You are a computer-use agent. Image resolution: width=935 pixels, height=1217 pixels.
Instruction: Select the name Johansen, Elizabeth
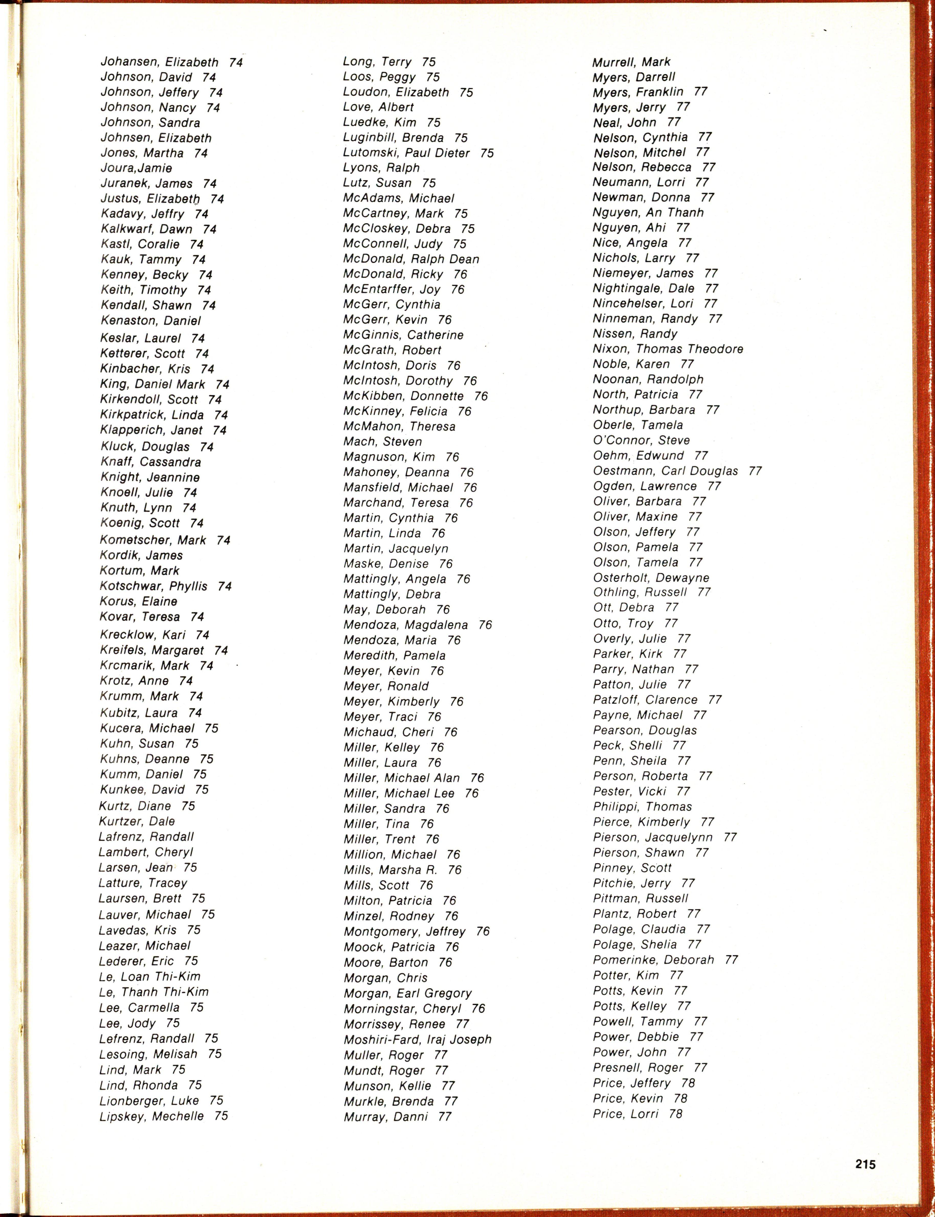point(159,62)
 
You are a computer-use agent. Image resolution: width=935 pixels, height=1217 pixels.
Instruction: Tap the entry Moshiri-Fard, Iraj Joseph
point(417,1039)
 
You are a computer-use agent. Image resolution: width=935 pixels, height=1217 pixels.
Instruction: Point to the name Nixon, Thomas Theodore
point(668,349)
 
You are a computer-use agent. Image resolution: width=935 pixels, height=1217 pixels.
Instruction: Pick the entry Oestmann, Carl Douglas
point(666,471)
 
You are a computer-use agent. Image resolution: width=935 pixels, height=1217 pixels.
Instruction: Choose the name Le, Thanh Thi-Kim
point(154,992)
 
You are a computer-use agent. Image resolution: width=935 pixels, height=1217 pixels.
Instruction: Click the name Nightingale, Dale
point(643,288)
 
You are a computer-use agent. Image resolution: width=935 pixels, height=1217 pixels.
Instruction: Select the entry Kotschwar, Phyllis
point(154,586)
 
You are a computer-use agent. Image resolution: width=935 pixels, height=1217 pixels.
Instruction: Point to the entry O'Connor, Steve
point(641,440)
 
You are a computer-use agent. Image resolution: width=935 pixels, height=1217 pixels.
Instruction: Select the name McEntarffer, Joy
point(392,289)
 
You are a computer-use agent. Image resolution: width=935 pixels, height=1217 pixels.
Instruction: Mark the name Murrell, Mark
point(631,62)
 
